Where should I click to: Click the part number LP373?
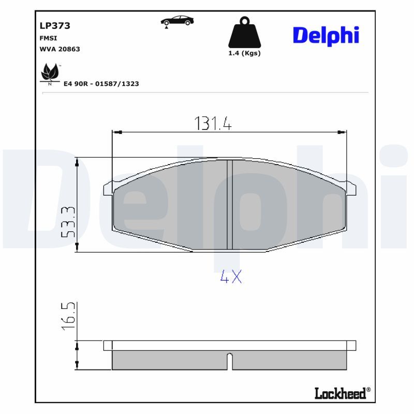[x=55, y=25]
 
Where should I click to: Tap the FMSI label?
[x=48, y=38]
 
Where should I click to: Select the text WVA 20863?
[x=60, y=49]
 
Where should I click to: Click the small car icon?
[x=178, y=21]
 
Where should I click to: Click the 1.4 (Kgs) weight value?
[x=244, y=53]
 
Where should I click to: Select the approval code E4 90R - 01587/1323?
[x=101, y=83]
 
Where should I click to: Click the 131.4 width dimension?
[x=213, y=123]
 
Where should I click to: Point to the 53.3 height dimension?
[x=68, y=221]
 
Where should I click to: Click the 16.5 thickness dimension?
[x=68, y=317]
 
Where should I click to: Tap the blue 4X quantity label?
[x=231, y=277]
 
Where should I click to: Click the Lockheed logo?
[x=342, y=393]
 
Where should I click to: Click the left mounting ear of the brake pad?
[x=108, y=189]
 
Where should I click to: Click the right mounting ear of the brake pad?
[x=351, y=189]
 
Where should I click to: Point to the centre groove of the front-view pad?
[x=230, y=204]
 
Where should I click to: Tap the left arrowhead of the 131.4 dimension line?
[x=116, y=133]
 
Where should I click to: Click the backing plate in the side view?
[x=230, y=345]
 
